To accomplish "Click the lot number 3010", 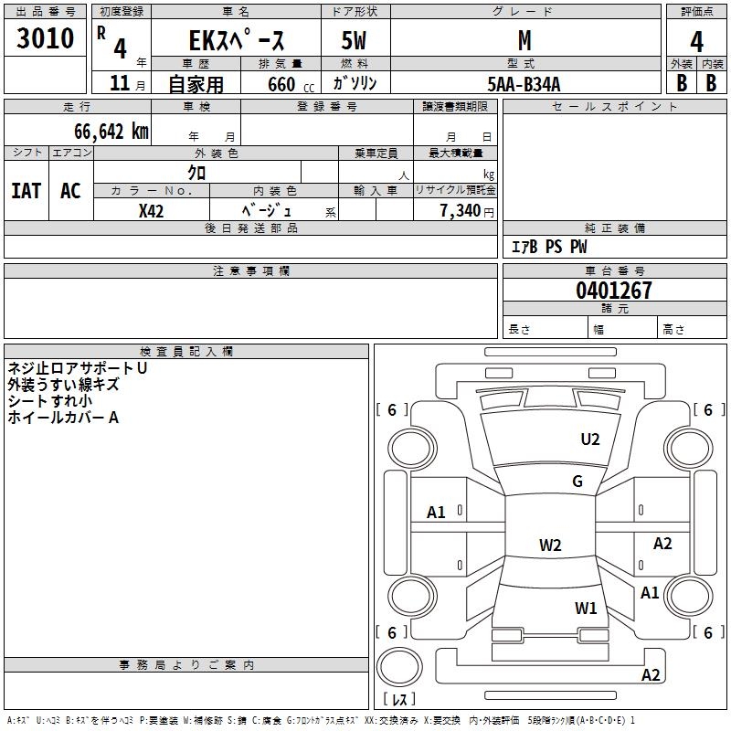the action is coord(46,38).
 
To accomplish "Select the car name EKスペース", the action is coord(236,41).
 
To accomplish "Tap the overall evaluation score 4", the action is coord(697,41).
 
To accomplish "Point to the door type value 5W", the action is coord(354,42).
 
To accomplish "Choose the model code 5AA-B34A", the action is coord(524,84).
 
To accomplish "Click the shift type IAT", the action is coord(26,191).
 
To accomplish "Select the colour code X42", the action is coord(151,211).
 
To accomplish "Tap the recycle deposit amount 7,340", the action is coord(460,211).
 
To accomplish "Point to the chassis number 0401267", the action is coord(614,291).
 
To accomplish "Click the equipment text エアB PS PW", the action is coord(548,247).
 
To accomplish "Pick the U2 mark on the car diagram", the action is coord(590,440).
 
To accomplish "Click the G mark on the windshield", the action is coord(577,482).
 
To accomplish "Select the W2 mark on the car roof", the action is coord(550,546).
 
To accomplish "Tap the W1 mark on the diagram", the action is coord(586,608).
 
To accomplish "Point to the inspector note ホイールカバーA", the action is coord(63,418).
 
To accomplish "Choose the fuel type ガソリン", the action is coord(355,84).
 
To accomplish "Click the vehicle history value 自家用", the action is coord(196,84).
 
